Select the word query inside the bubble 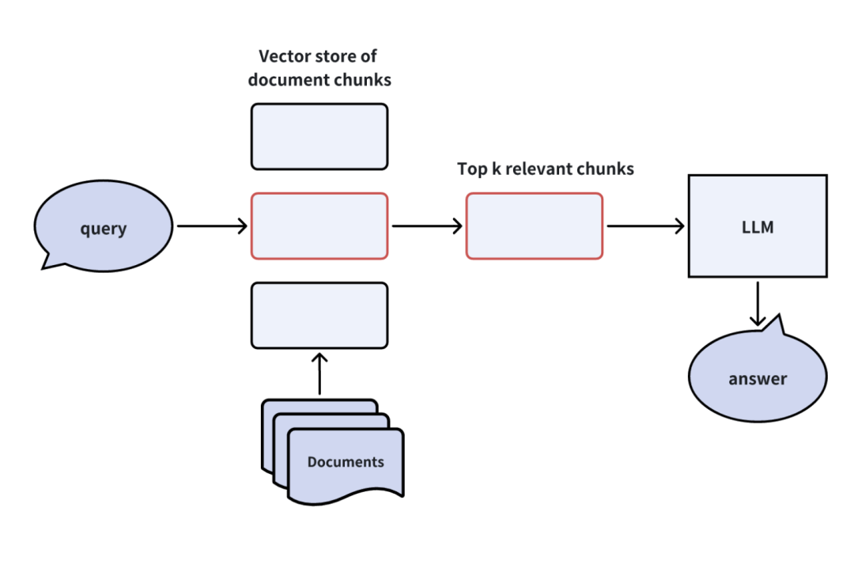point(103,229)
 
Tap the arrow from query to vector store point(212,226)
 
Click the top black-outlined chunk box point(319,136)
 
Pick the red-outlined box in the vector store point(319,226)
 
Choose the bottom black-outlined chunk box point(319,315)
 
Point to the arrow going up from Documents point(319,373)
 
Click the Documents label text point(346,462)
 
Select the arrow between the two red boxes point(427,226)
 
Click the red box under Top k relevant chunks point(534,226)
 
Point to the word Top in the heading point(471,169)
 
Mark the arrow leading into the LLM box point(645,226)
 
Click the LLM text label point(758,228)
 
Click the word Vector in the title point(283,56)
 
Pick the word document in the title point(285,80)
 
